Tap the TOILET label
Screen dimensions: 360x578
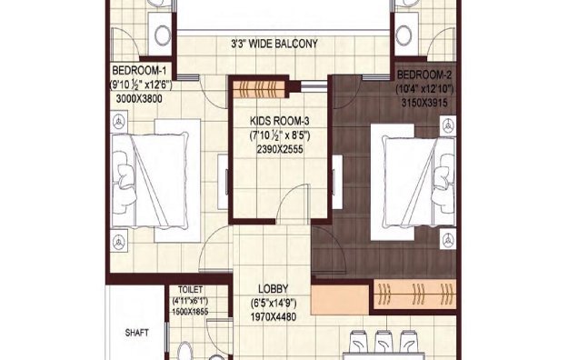(190, 288)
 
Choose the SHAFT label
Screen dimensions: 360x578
(136, 333)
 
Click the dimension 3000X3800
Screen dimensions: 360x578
(139, 99)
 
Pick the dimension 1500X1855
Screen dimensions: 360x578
(190, 311)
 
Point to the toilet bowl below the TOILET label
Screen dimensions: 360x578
(184, 350)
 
